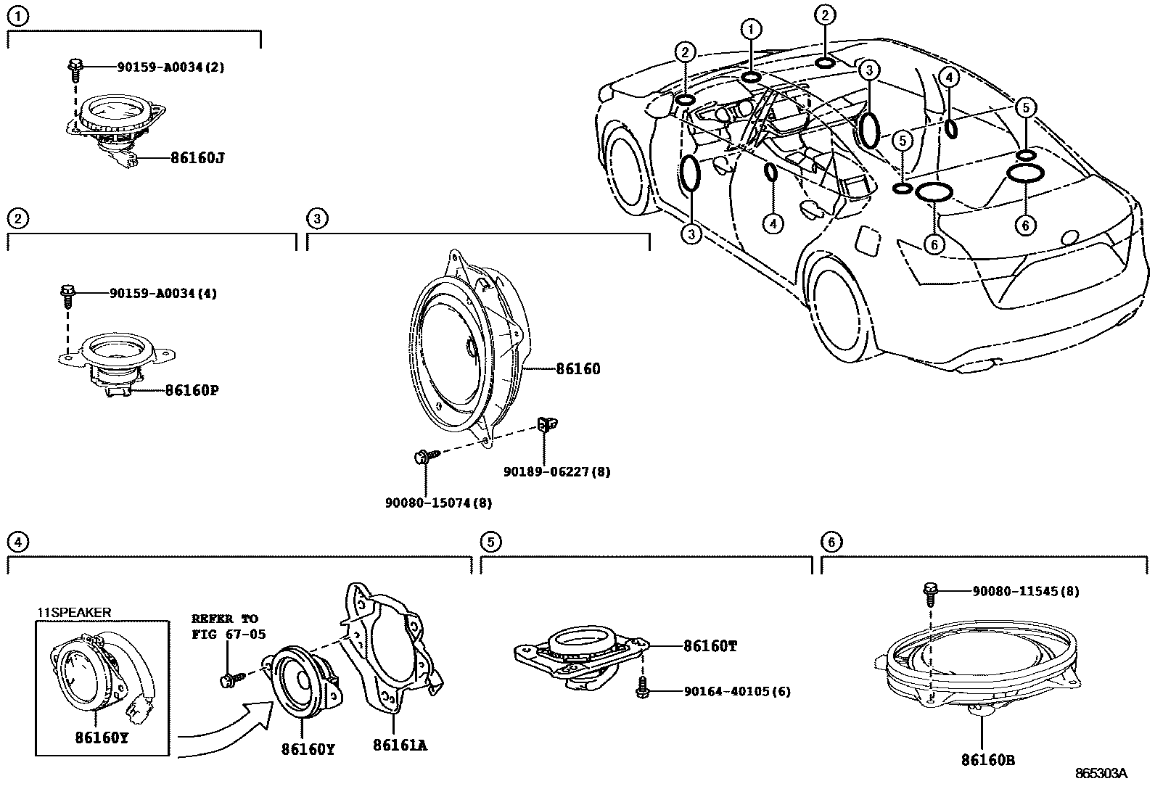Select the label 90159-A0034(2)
click(170, 67)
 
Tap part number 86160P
click(192, 390)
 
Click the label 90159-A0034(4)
click(163, 293)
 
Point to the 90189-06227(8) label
click(556, 471)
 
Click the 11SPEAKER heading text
click(75, 612)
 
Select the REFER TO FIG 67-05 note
click(228, 627)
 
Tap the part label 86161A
click(399, 745)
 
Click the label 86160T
click(710, 645)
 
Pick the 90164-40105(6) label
click(737, 691)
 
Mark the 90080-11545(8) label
click(1025, 591)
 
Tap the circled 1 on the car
click(751, 30)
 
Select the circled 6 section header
click(831, 541)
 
